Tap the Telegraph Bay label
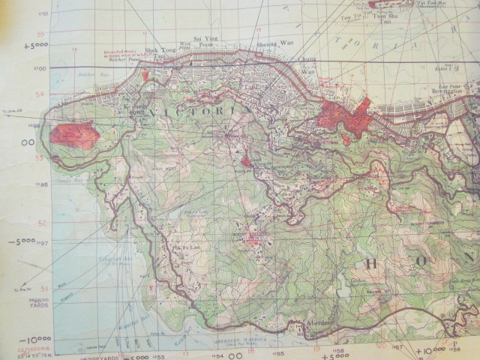tap(112, 264)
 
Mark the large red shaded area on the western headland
tap(75, 136)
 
